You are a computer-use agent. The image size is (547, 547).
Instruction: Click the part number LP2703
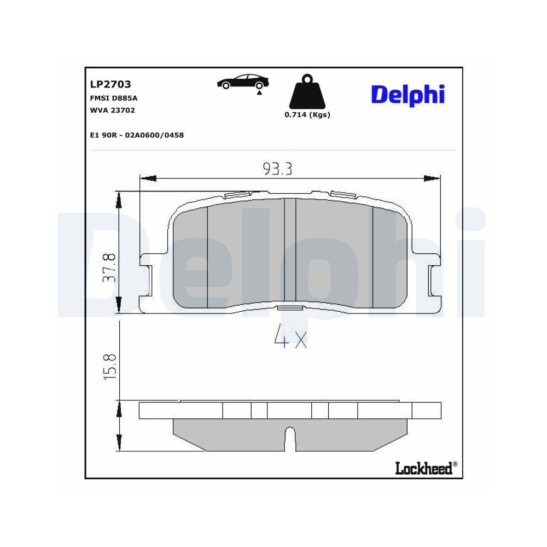(110, 85)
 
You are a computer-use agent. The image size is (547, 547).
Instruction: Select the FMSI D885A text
(113, 98)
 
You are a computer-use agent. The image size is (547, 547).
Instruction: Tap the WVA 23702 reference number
(112, 110)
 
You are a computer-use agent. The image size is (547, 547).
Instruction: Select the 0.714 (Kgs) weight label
(307, 115)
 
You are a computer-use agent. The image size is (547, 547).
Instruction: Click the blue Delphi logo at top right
(408, 95)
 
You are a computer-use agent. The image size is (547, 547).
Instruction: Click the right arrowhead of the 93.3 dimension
(432, 178)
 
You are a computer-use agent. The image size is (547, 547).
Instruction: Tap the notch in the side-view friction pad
(290, 438)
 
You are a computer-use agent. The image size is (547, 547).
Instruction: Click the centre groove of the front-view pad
(290, 252)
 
